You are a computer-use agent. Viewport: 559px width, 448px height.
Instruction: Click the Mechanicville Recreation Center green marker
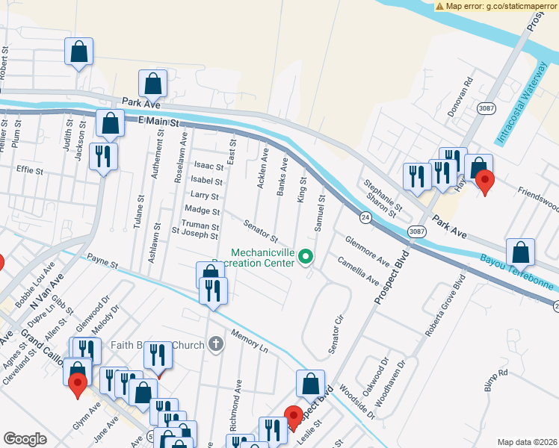(x=305, y=258)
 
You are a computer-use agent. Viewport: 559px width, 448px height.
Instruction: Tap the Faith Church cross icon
(x=216, y=344)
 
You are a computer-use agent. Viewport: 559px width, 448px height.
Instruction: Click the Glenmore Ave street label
(x=367, y=252)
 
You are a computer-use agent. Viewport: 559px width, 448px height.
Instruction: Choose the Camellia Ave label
(x=357, y=270)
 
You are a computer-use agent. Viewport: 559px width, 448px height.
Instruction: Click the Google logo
(x=25, y=439)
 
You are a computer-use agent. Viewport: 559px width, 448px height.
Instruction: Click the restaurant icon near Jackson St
(x=102, y=157)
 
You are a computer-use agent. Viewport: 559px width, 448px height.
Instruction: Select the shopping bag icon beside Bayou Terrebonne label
(x=520, y=252)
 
